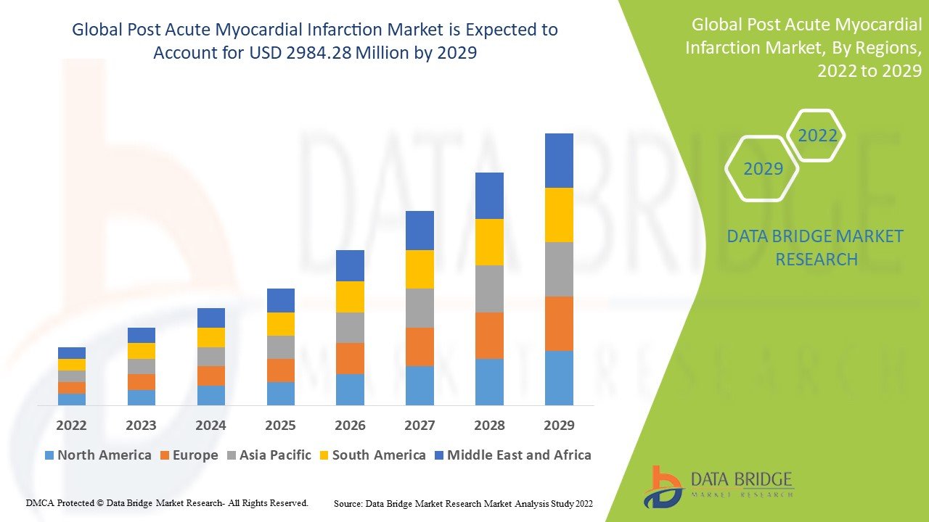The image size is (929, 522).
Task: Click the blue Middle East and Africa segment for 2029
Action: (559, 160)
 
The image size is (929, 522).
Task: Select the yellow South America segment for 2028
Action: (489, 242)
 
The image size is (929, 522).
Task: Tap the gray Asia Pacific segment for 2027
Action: (420, 308)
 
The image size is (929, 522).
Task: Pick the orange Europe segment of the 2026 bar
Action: (350, 358)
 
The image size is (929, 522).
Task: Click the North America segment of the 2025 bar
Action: (280, 393)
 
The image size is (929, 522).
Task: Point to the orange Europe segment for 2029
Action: (559, 323)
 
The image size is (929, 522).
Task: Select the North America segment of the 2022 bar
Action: (72, 399)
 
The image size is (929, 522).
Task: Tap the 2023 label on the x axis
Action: (141, 426)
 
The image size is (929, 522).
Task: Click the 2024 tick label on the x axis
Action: (210, 426)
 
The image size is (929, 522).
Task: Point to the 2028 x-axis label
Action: (489, 426)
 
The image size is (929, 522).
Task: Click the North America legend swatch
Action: (49, 455)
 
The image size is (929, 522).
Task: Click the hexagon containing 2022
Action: (817, 136)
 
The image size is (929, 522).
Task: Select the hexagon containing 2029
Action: (763, 169)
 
